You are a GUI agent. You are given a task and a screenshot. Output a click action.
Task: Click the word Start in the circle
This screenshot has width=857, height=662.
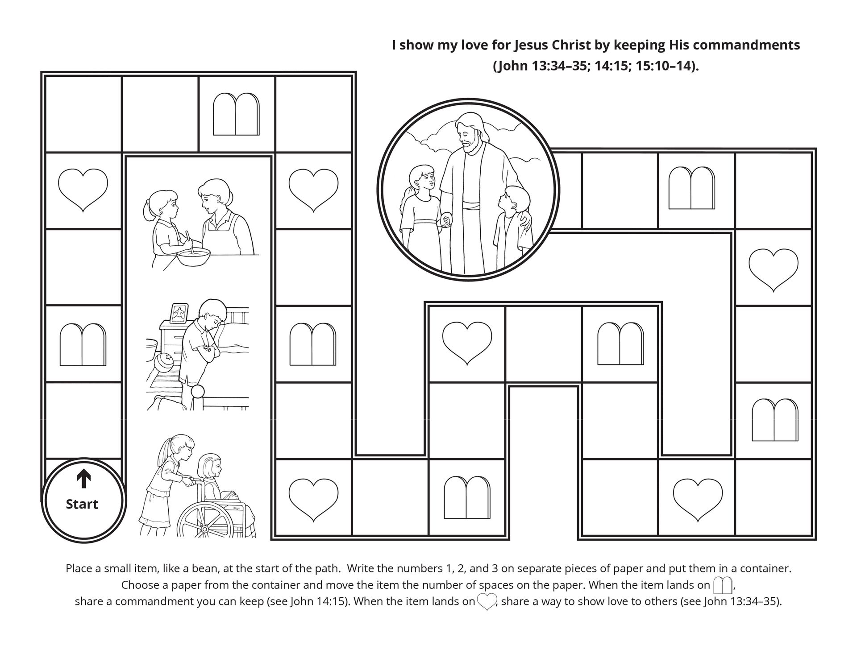[82, 504]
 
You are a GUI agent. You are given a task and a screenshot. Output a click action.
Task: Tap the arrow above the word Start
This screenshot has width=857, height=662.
[83, 479]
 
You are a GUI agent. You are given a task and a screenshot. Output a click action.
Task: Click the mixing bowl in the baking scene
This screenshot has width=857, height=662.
[193, 257]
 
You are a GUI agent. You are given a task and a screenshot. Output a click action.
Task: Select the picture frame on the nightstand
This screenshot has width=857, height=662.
[179, 314]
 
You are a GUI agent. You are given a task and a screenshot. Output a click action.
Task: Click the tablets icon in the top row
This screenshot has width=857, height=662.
[236, 114]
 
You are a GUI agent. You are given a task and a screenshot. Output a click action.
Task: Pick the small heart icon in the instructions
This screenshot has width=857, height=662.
[487, 602]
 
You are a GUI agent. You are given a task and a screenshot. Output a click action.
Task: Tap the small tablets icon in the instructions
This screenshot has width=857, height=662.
[723, 585]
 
